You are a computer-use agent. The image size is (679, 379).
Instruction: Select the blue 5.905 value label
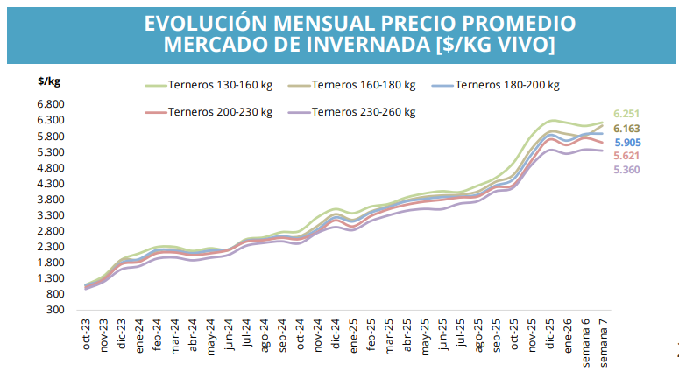click(627, 143)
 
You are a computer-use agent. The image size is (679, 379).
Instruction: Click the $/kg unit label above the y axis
click(49, 81)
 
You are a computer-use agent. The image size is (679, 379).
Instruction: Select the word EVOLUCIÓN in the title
click(203, 22)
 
